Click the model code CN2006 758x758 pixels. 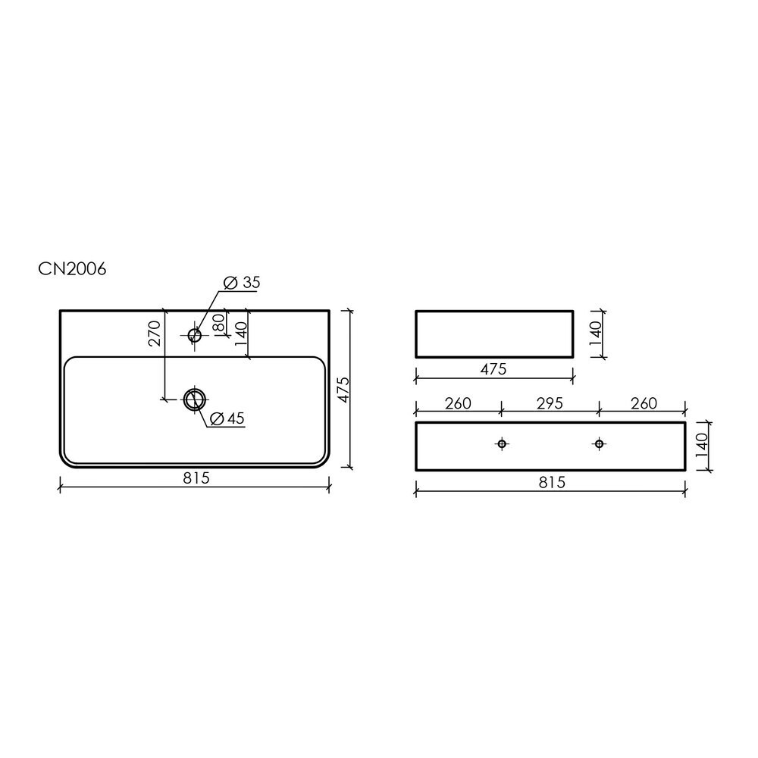[72, 269]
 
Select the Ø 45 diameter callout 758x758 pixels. [227, 418]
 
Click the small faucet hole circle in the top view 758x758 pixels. [194, 334]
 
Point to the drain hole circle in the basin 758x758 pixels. [195, 399]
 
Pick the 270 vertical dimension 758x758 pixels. [154, 334]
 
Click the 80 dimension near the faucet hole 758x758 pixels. [218, 322]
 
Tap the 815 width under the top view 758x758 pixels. [196, 478]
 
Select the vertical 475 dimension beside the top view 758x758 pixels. [343, 389]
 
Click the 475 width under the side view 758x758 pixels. [493, 369]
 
